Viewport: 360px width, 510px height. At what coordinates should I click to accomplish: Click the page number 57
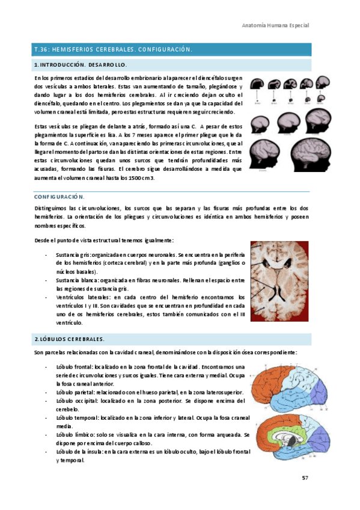coord(305,478)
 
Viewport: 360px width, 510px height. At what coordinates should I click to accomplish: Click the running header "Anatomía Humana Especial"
coord(275,26)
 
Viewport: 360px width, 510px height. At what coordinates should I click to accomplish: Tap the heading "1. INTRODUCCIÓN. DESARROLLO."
coord(80,64)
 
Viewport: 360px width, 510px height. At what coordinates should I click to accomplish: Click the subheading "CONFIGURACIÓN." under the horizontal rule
coord(59,197)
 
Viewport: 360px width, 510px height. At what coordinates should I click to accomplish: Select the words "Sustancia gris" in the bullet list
coord(72,254)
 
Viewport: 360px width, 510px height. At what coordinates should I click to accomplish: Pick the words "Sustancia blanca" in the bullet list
coord(75,280)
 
